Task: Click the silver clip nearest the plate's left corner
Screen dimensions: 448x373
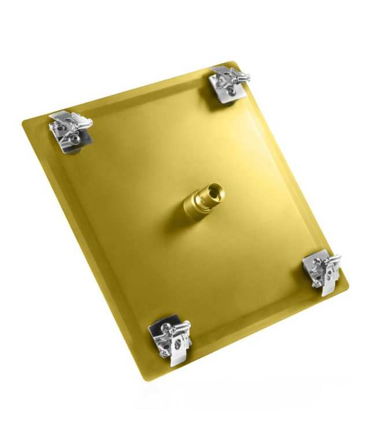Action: [x=69, y=130]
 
